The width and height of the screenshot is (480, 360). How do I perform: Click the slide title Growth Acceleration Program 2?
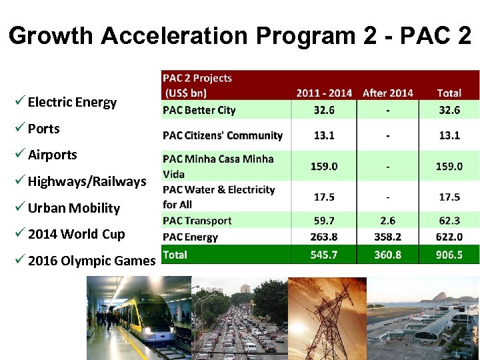coord(240,35)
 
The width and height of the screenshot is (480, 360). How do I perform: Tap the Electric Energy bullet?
coord(72,102)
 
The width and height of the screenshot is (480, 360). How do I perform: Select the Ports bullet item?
coord(43,129)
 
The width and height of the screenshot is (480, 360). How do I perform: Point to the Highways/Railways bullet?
coord(87,181)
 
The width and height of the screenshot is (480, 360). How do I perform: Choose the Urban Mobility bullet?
coord(73,208)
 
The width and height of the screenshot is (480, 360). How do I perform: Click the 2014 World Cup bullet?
coord(76,234)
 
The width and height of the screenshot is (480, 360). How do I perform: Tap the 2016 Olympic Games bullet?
coord(91,261)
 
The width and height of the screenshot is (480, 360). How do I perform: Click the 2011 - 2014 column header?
coord(324,93)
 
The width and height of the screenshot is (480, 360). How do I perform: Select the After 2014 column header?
coord(387,93)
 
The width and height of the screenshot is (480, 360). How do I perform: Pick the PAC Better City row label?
coord(199,110)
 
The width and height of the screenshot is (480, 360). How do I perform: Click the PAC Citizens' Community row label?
coord(223,135)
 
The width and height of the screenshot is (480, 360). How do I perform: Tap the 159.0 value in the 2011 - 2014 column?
coord(324,166)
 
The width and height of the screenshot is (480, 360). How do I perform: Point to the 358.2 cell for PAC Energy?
coord(387,237)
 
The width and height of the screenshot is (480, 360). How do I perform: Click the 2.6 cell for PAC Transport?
coord(387,221)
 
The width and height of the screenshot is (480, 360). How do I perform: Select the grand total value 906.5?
coord(449,255)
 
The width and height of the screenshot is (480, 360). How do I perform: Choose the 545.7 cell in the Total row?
coord(324,255)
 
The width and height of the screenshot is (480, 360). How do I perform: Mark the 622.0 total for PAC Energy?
coord(449,237)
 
